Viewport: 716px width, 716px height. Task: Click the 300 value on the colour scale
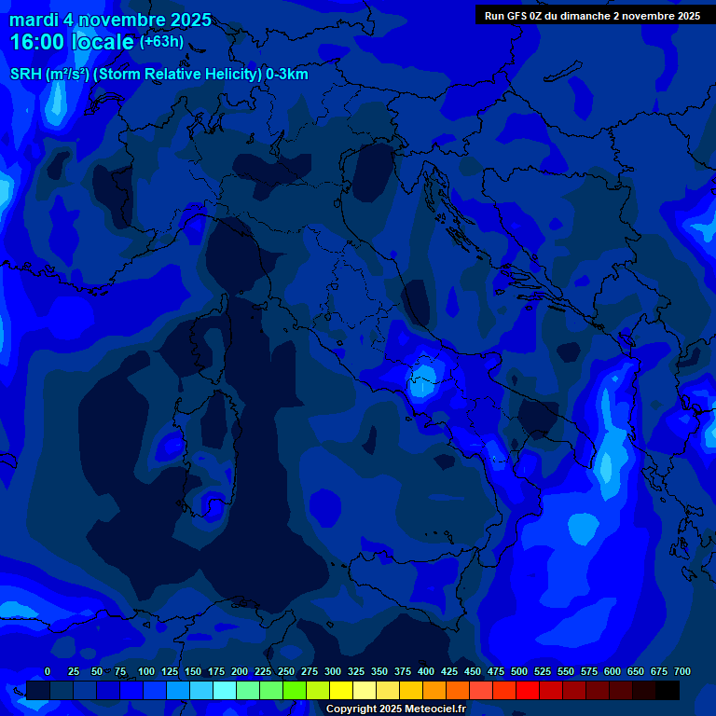333,671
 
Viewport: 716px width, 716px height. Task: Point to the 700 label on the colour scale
682,671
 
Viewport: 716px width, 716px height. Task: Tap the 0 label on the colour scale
48,671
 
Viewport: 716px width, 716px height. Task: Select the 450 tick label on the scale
473,671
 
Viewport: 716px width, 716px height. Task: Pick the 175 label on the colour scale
216,671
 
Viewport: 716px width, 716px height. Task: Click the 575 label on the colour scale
589,671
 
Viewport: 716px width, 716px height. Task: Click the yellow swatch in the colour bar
341,690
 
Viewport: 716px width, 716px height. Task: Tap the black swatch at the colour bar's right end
668,690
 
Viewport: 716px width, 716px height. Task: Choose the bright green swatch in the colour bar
295,690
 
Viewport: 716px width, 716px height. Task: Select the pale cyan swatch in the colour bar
225,690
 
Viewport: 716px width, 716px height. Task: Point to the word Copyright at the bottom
353,709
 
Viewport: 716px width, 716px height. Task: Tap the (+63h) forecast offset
161,42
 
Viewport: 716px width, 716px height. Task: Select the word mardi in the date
34,20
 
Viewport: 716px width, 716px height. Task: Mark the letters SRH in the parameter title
25,75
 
